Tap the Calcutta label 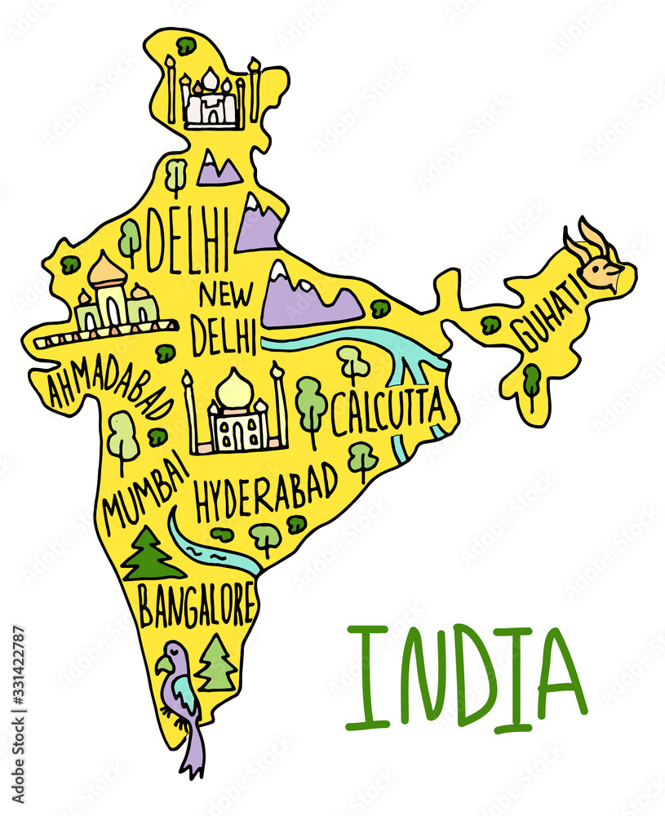(388, 410)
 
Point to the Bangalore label (196, 604)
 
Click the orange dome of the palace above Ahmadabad (107, 270)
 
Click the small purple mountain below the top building (218, 168)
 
